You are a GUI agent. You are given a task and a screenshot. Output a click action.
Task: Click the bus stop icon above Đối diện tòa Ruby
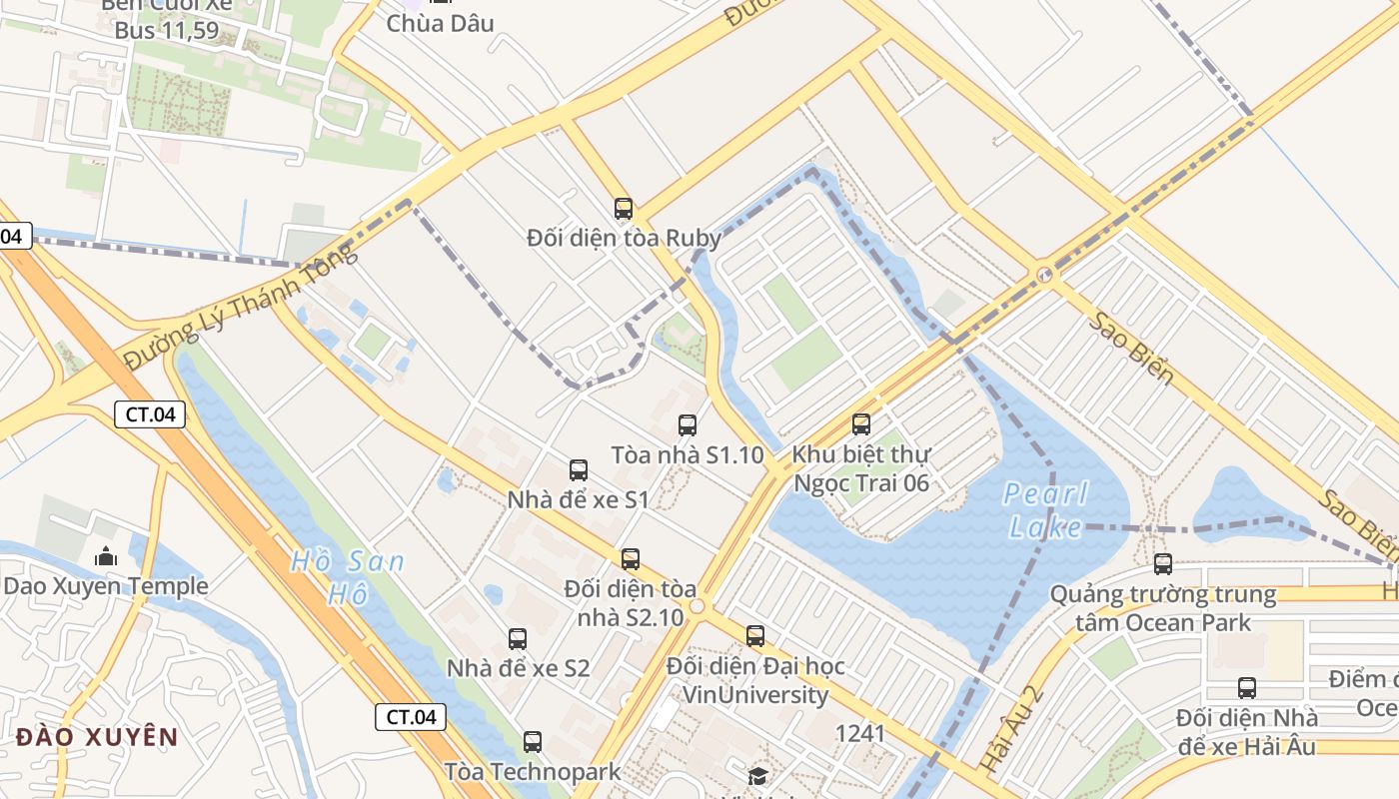pyautogui.click(x=624, y=209)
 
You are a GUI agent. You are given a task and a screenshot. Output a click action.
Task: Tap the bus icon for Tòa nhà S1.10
pyautogui.click(x=688, y=425)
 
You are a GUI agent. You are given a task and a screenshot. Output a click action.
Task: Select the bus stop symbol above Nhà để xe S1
pyautogui.click(x=579, y=470)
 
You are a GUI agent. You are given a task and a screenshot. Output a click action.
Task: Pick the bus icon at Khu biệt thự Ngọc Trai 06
pyautogui.click(x=861, y=424)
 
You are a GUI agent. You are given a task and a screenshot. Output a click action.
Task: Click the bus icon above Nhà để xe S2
pyautogui.click(x=518, y=639)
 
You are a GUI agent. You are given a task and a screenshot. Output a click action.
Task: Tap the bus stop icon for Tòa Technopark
pyautogui.click(x=533, y=742)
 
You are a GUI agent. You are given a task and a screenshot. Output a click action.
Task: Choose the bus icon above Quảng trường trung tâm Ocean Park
pyautogui.click(x=1163, y=564)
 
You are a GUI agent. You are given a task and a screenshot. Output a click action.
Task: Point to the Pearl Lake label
pyautogui.click(x=1045, y=510)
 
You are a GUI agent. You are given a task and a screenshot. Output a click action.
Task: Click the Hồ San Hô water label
pyautogui.click(x=348, y=577)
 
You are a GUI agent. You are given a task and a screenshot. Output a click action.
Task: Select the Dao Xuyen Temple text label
pyautogui.click(x=106, y=586)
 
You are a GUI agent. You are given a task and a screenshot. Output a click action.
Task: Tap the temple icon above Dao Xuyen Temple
pyautogui.click(x=106, y=556)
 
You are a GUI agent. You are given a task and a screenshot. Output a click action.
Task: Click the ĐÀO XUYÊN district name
pyautogui.click(x=97, y=738)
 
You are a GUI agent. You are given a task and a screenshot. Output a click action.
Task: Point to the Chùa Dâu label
pyautogui.click(x=440, y=23)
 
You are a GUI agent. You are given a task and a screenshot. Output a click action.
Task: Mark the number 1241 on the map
pyautogui.click(x=860, y=734)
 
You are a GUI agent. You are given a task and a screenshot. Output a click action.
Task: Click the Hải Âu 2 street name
pyautogui.click(x=1011, y=730)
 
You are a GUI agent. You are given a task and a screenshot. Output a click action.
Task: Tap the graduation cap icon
pyautogui.click(x=758, y=776)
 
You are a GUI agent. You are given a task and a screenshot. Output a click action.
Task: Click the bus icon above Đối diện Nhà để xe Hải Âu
pyautogui.click(x=1247, y=688)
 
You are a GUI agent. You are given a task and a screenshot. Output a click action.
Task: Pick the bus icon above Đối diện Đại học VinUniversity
pyautogui.click(x=755, y=636)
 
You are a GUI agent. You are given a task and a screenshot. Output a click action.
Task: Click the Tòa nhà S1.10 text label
pyautogui.click(x=688, y=455)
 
